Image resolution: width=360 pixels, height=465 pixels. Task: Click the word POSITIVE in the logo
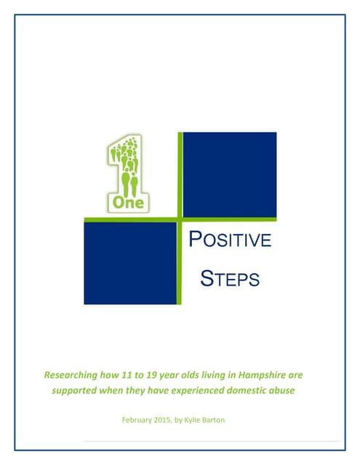click(x=230, y=240)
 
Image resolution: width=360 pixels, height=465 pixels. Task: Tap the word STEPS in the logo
click(x=230, y=278)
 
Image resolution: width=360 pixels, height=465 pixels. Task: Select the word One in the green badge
click(x=128, y=203)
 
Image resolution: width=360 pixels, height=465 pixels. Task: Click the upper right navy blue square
click(x=230, y=174)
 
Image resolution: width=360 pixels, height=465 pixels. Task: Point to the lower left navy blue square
click(x=131, y=262)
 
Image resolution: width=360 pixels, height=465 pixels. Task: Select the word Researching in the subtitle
click(x=73, y=376)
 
